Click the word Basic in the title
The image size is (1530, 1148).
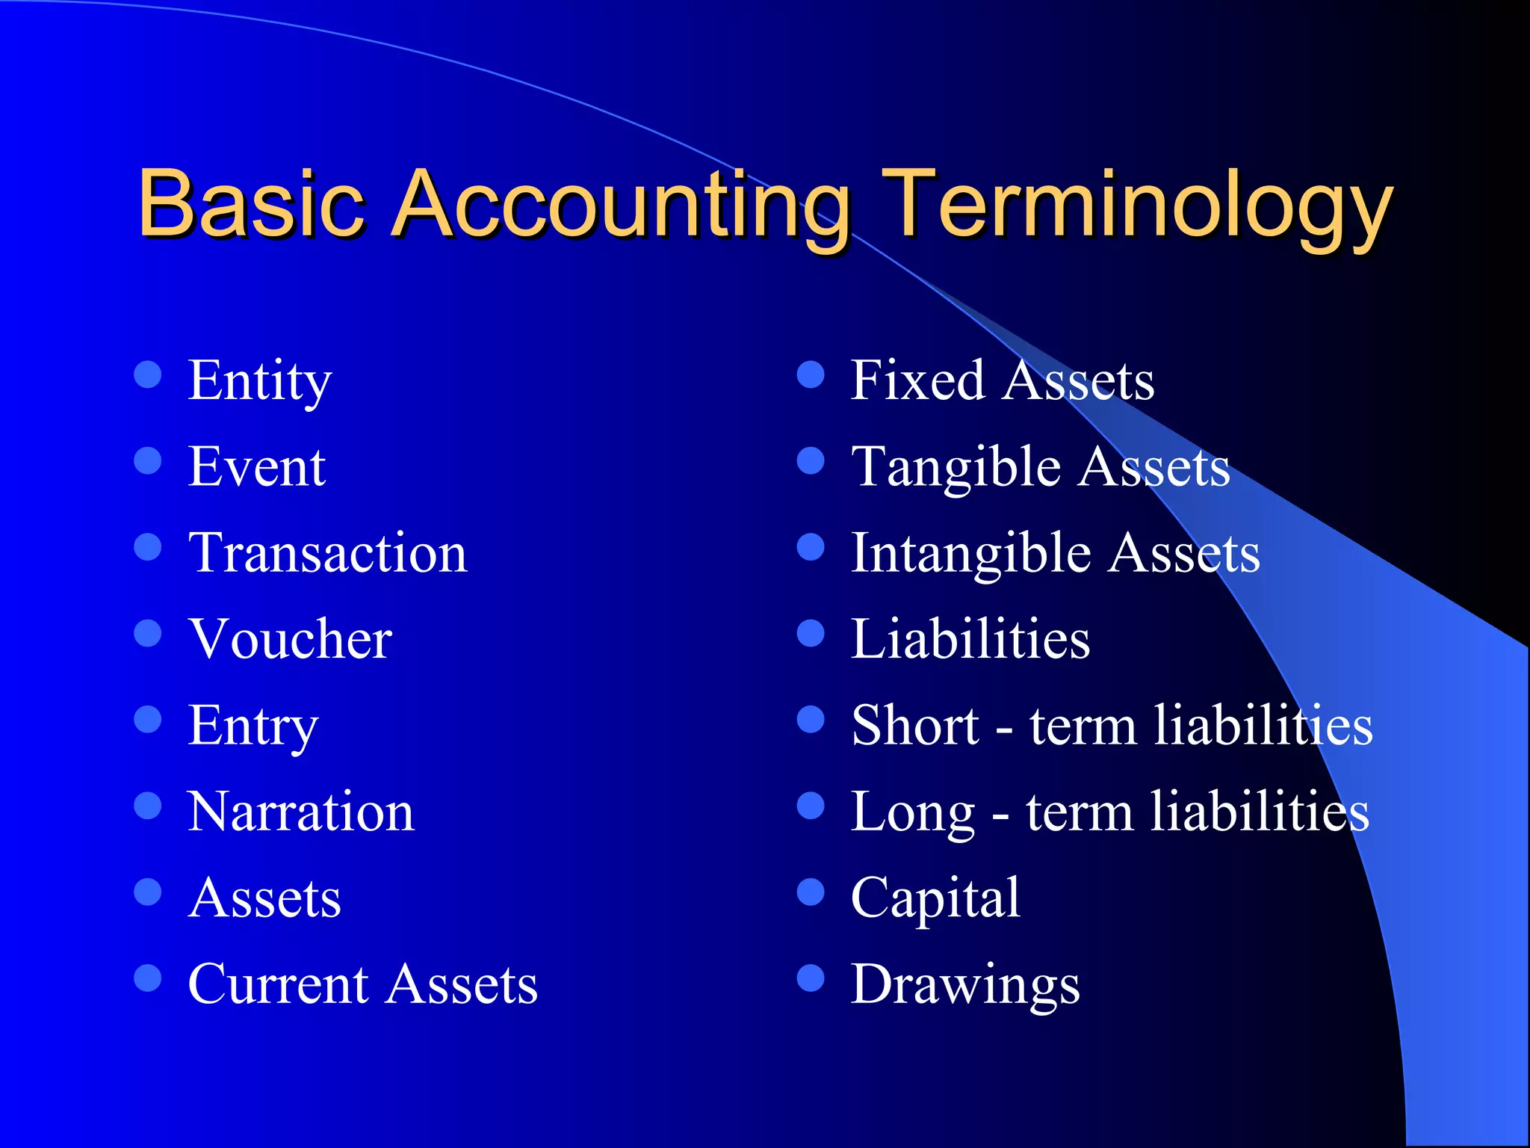point(251,203)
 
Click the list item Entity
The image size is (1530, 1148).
point(259,381)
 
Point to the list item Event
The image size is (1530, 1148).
point(256,467)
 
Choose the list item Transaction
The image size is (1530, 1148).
point(327,554)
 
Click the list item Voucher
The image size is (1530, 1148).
point(290,640)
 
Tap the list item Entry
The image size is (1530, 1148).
point(253,726)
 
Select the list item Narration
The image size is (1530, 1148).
point(301,812)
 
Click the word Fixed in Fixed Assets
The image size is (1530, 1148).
point(917,380)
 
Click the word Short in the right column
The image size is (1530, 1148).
point(915,726)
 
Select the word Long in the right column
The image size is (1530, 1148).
point(913,813)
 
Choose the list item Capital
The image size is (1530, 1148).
point(935,899)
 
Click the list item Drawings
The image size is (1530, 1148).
point(965,986)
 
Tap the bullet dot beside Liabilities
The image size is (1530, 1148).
point(811,633)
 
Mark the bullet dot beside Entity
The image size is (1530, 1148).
point(148,374)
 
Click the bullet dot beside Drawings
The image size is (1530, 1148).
point(811,978)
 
